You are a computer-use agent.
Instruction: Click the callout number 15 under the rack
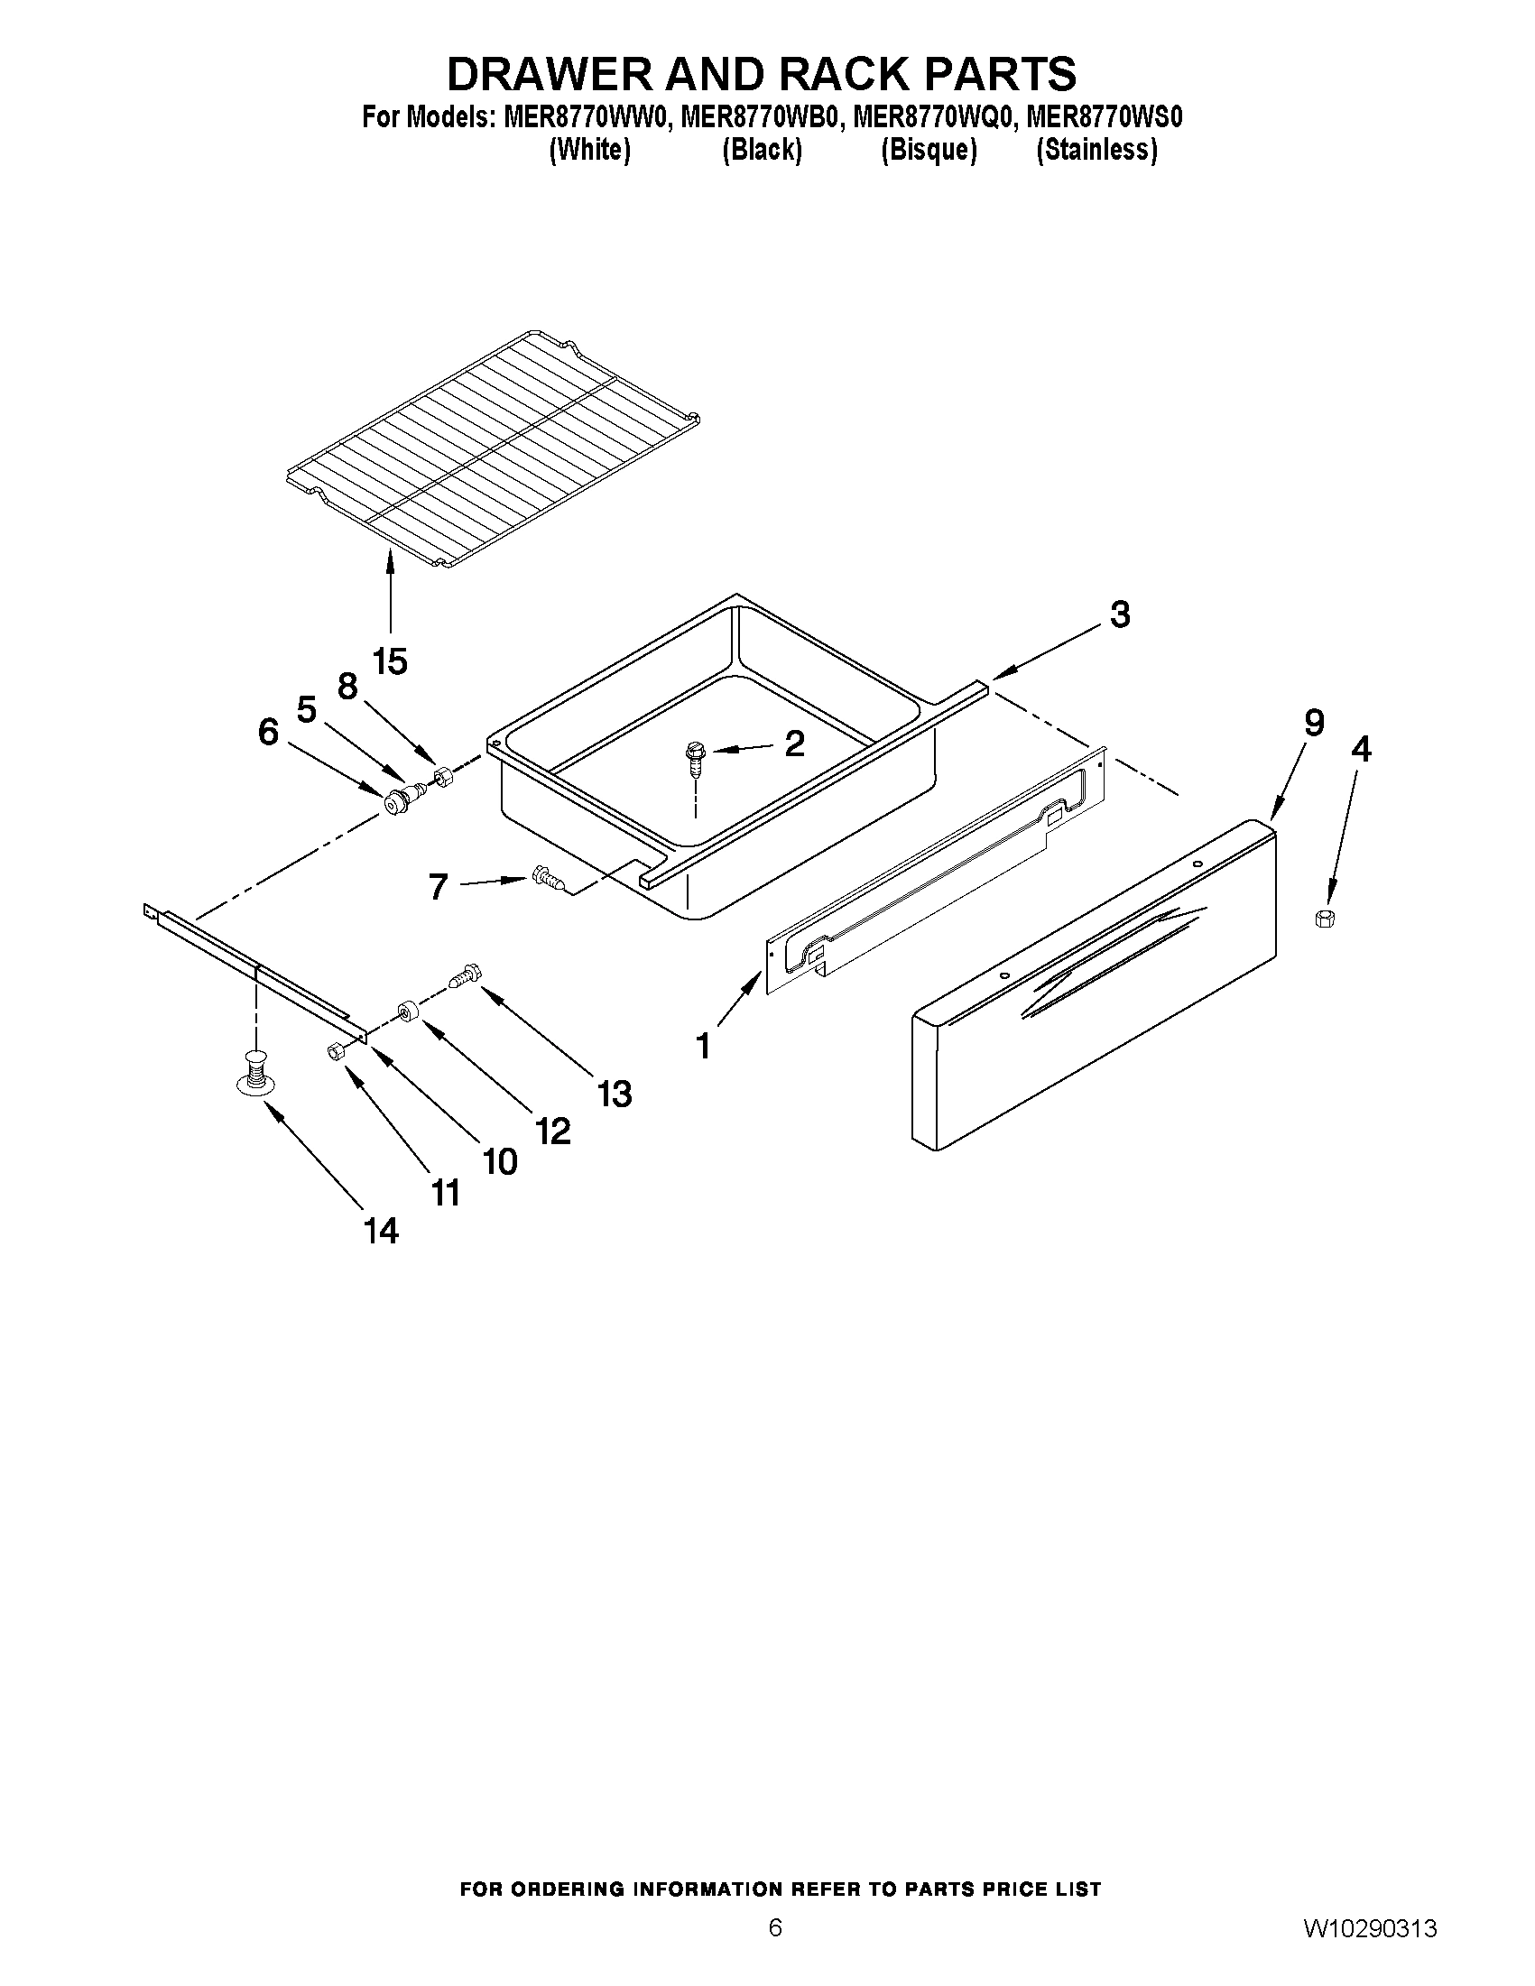coord(390,661)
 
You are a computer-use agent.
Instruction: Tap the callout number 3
coord(1119,614)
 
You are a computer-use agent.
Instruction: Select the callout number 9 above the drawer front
coord(1314,723)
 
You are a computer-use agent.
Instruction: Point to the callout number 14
coord(381,1232)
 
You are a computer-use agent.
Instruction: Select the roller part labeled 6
coord(397,802)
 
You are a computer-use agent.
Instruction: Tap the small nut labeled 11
coord(335,1050)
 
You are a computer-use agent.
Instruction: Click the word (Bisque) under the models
coord(929,150)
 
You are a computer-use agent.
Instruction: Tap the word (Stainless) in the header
coord(1096,150)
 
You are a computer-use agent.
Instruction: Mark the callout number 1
coord(704,1047)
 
